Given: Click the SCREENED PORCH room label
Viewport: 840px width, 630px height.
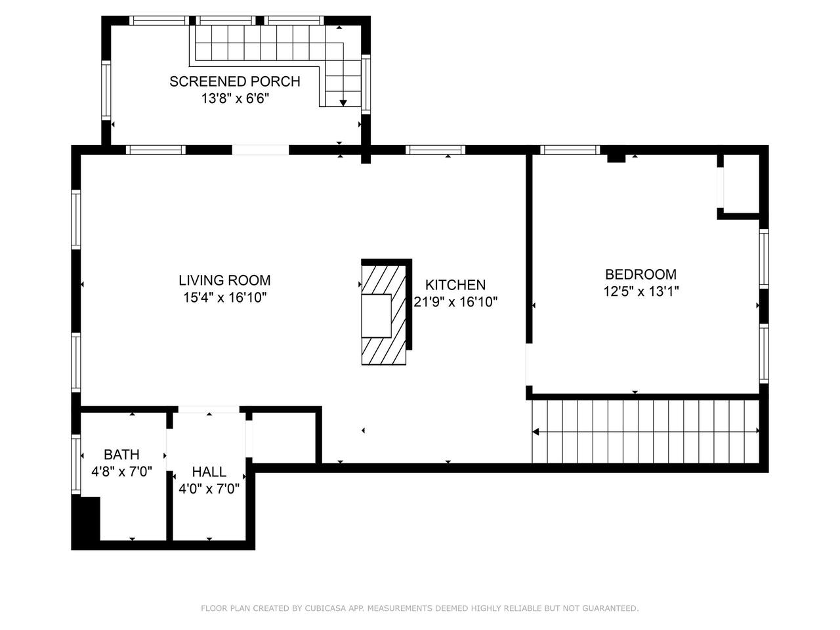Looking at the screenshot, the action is pos(234,81).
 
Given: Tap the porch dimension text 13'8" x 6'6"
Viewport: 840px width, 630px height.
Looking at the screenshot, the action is pos(235,98).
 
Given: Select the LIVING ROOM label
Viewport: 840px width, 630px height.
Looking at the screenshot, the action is pos(224,280).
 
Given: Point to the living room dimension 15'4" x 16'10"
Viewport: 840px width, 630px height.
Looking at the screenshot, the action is pos(224,297).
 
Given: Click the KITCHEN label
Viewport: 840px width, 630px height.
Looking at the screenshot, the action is pos(455,285).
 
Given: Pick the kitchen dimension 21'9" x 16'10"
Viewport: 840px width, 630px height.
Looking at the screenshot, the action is pos(455,302).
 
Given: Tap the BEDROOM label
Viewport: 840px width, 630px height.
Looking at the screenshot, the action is pos(640,274).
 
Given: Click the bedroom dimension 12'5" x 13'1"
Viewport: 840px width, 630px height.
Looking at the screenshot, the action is pos(641,291).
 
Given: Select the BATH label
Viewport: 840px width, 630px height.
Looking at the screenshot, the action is pos(121,454).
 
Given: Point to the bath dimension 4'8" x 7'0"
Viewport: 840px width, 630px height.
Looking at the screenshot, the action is pos(121,472).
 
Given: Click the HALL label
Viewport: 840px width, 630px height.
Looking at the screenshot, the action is pos(209,472).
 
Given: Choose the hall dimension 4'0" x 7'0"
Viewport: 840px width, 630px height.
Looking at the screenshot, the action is pos(209,489).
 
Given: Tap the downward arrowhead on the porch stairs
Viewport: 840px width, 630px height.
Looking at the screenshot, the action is pos(343,103).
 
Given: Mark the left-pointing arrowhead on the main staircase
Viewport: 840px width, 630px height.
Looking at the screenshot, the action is pos(535,431).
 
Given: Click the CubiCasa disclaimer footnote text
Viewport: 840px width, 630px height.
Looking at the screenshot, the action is pos(419,608).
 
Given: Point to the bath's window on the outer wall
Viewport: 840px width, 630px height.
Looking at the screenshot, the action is pos(76,464).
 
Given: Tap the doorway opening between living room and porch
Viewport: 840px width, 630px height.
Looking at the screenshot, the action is pos(261,150).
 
